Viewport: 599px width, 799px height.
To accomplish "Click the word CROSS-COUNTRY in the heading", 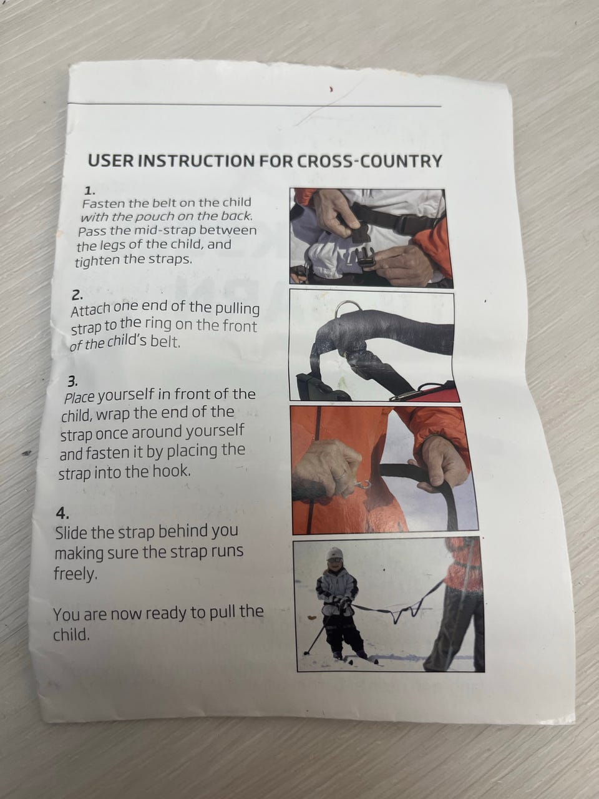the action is pyautogui.click(x=369, y=161).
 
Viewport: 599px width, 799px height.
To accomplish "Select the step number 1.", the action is pyautogui.click(x=90, y=190).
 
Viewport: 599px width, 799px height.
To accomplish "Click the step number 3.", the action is pyautogui.click(x=73, y=381).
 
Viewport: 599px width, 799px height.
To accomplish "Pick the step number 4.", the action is pyautogui.click(x=62, y=514).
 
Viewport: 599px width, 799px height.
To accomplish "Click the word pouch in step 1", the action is pyautogui.click(x=155, y=217).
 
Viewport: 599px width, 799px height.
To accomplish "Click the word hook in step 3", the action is pyautogui.click(x=172, y=472).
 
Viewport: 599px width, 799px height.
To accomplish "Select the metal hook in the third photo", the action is pyautogui.click(x=364, y=486).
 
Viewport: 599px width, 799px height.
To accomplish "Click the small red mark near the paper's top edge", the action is pyautogui.click(x=331, y=88).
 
